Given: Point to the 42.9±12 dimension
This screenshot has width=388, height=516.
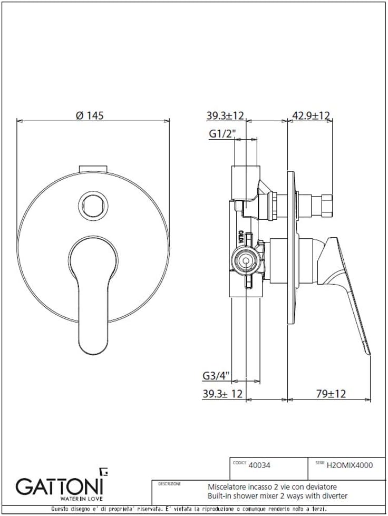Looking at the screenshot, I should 312,116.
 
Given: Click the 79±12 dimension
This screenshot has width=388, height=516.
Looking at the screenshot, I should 331,394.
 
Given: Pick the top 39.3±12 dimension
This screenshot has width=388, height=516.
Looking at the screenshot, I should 225,116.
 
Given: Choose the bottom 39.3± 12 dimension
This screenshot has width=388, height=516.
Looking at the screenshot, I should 223,394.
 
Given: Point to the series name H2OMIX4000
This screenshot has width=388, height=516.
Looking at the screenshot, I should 350,465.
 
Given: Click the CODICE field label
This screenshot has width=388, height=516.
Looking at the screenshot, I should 239,462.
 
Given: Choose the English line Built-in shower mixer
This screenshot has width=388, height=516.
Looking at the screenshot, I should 278,496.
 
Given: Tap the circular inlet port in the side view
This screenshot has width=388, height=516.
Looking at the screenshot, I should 244,260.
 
